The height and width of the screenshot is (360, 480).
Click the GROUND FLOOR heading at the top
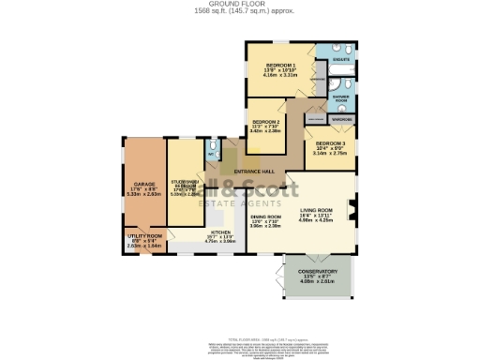tap(240, 4)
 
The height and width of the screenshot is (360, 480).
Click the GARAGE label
tap(143, 184)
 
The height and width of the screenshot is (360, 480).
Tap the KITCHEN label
tap(220, 231)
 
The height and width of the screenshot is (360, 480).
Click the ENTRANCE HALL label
tap(254, 172)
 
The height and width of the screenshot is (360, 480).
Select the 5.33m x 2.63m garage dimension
tap(143, 195)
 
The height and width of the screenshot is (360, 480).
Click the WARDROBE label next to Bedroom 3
tap(342, 120)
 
